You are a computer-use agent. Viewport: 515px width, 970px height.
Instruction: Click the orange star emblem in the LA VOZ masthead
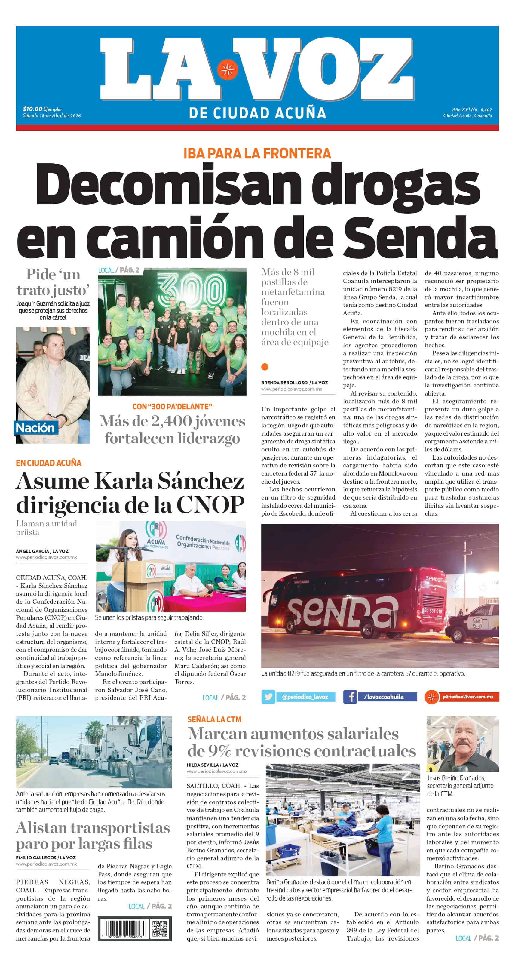227,70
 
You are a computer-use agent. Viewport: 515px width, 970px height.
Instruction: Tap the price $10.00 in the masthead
32,109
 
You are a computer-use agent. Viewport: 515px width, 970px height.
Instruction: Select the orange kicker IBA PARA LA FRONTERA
257,153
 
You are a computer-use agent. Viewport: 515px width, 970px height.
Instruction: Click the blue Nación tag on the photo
35,428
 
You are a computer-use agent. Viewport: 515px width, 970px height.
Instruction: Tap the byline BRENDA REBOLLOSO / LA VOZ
294,383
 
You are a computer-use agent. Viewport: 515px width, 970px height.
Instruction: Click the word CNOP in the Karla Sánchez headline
210,505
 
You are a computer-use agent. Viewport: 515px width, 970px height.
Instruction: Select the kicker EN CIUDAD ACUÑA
49,463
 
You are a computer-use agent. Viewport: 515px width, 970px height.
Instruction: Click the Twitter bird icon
268,697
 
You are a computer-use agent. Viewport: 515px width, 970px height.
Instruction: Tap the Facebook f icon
350,697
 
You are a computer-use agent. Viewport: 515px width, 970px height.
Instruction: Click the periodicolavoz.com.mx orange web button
461,697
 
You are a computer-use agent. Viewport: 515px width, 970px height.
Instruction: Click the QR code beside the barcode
159,929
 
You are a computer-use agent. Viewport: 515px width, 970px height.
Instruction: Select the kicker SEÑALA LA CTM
214,719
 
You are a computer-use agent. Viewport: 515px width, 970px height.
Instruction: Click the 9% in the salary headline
219,751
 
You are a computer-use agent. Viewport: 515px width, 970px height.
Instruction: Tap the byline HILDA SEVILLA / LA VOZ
212,765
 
